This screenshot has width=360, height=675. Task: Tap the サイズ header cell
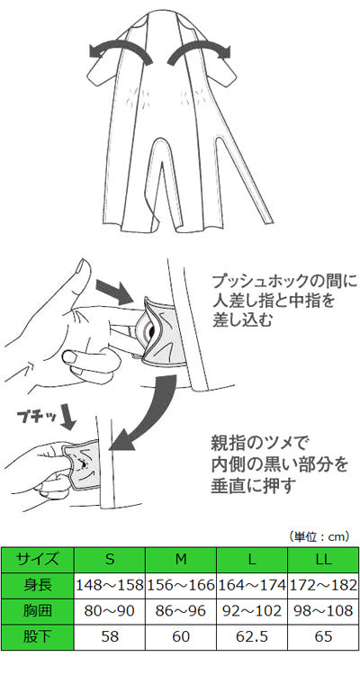(x=38, y=560)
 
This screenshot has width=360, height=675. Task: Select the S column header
(x=110, y=560)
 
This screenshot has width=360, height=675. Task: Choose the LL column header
(x=323, y=560)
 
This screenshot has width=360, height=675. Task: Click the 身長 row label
(x=38, y=586)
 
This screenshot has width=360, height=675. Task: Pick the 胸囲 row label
(x=38, y=611)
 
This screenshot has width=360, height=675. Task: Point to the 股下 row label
(x=38, y=636)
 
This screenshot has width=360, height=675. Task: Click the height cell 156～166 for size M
(x=181, y=586)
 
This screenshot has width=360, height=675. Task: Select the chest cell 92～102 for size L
(x=252, y=611)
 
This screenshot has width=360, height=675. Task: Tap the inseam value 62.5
(x=252, y=636)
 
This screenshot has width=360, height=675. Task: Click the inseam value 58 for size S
(x=110, y=636)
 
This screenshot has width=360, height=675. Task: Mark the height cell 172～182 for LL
(x=323, y=586)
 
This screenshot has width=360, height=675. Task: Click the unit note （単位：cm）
(x=318, y=536)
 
